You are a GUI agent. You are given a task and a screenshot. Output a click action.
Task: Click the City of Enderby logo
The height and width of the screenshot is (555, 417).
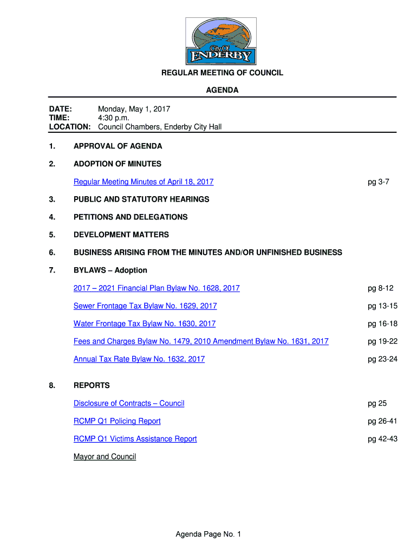coord(221,41)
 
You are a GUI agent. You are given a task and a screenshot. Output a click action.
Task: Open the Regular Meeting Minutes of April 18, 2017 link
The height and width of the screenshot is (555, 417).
coord(144,182)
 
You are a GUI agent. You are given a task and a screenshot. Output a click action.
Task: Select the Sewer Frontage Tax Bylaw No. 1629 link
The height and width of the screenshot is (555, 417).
coord(145,306)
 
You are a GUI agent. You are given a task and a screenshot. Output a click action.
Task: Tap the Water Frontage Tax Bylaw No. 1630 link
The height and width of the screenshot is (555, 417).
coord(145,324)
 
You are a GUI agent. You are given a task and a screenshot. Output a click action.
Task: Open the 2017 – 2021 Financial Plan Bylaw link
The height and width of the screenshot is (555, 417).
coord(157,288)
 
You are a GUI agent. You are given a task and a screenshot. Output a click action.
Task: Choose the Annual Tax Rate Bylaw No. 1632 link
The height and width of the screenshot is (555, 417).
coord(139,359)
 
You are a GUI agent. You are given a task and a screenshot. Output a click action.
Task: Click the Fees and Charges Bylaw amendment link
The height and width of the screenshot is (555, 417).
coord(201,341)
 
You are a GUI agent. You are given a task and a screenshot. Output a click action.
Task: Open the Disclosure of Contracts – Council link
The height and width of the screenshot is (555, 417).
coord(129,404)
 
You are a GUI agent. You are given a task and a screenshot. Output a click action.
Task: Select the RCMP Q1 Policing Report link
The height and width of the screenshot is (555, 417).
coord(117,421)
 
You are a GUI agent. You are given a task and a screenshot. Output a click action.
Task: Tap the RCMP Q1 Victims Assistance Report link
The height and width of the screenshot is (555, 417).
coord(135,439)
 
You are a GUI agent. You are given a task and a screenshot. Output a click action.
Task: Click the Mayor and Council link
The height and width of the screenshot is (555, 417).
coord(105,457)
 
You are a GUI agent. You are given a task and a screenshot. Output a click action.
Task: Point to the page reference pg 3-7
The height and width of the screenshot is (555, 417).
coord(379,182)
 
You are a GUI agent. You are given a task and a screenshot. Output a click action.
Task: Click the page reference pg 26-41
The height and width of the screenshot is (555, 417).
coord(382,421)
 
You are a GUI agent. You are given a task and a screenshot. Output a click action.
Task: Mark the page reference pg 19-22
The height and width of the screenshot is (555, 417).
coord(382,341)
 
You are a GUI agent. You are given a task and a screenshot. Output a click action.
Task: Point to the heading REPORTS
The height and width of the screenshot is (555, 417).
coord(92,386)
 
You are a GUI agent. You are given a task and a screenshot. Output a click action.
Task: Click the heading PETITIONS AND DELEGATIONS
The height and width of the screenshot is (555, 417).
coord(131,217)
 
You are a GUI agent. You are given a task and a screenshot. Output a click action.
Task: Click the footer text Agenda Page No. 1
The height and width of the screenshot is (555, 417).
coord(208,535)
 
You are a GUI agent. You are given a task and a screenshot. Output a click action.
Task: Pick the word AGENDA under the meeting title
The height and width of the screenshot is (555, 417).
coord(222,91)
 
